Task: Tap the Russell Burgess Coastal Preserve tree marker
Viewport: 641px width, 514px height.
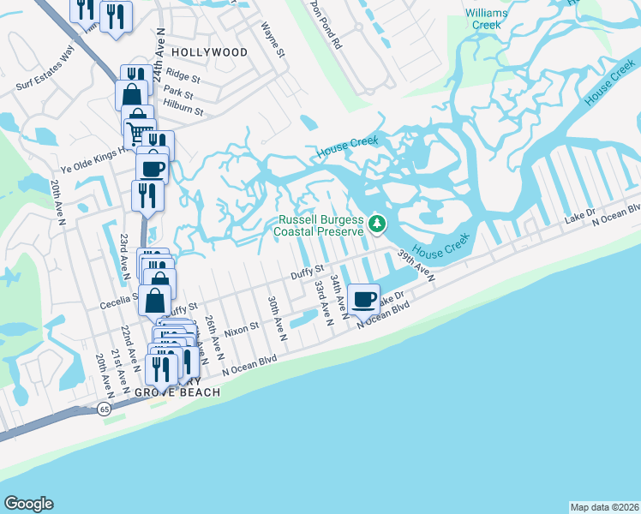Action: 376,225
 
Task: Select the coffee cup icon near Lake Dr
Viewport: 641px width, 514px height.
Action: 364,298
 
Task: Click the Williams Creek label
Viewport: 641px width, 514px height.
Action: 485,19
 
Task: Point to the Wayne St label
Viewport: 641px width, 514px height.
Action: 272,39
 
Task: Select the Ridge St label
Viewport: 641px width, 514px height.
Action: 183,75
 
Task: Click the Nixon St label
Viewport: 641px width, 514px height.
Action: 241,329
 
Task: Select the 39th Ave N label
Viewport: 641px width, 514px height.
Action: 416,266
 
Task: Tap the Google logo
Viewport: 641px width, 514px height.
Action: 28,504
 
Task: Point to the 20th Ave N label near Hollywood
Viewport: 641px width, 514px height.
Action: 57,202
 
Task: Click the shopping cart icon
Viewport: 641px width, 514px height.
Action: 136,131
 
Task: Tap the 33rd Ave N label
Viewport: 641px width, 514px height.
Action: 323,302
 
